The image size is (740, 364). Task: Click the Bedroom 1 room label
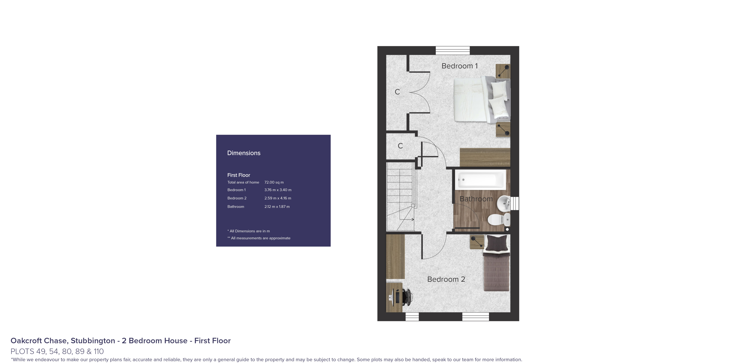(459, 66)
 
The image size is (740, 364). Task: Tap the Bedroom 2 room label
(446, 279)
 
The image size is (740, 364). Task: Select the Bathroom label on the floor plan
(476, 199)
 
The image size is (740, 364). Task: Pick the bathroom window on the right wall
(515, 203)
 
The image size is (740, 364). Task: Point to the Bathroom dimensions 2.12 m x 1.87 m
(277, 207)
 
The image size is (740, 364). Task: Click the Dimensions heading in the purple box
(244, 153)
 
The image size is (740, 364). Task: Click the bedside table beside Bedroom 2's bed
(477, 242)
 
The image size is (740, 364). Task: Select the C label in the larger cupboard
(397, 92)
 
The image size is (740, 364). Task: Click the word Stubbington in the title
(93, 341)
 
